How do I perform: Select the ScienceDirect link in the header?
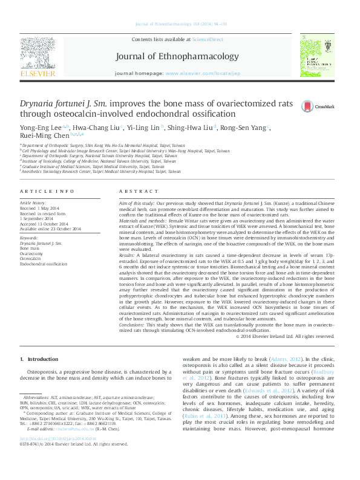click(207, 39)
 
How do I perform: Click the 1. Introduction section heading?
click(39, 360)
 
